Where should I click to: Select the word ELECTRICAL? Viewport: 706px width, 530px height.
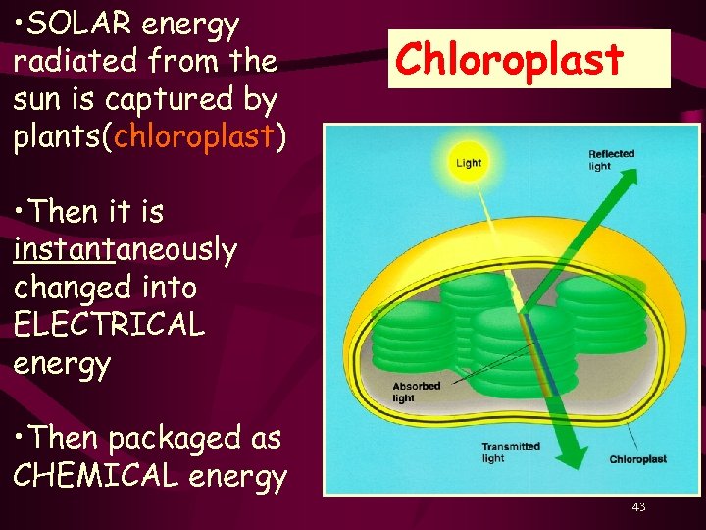pos(110,325)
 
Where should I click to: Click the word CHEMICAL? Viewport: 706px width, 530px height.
pos(98,477)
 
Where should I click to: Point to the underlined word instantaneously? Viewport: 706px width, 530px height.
pos(126,250)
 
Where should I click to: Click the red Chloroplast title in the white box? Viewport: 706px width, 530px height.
pos(509,60)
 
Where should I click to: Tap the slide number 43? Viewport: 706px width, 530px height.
pos(638,506)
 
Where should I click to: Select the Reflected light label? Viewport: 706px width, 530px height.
pos(611,160)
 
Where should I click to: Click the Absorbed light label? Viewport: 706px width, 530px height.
pos(417,392)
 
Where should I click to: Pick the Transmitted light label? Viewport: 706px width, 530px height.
pos(510,452)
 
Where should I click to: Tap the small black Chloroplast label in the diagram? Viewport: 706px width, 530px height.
pos(637,459)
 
